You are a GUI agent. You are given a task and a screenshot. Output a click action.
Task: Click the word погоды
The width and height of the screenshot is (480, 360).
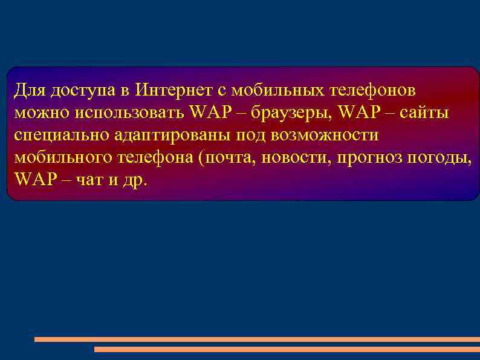pos(440,158)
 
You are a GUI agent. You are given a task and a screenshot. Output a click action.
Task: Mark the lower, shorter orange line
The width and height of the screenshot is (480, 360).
pos(287,349)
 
